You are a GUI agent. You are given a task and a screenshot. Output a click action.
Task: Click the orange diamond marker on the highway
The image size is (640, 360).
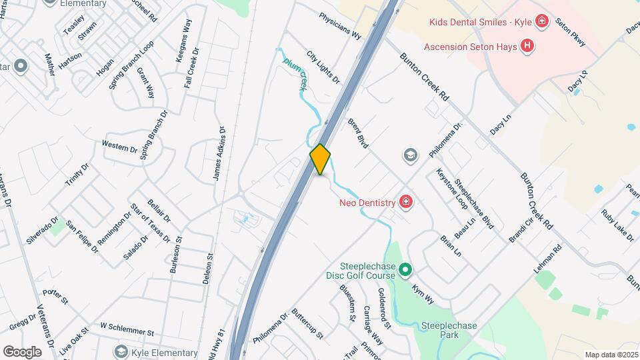[x=320, y=159]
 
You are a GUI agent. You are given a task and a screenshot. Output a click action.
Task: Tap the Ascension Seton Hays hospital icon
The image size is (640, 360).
[x=527, y=46]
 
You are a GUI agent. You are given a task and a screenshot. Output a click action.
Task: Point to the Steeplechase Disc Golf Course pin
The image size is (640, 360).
[x=404, y=269]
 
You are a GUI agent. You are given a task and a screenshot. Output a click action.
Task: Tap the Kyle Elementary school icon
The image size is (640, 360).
[x=121, y=351]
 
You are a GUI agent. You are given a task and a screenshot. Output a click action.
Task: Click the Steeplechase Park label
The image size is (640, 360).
[x=449, y=330]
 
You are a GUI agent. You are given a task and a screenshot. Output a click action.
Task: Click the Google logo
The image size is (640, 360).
[x=22, y=351]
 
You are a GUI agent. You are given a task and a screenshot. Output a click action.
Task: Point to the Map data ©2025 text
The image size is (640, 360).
[x=611, y=355]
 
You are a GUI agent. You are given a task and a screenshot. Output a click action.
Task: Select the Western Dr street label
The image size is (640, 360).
[x=119, y=146]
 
